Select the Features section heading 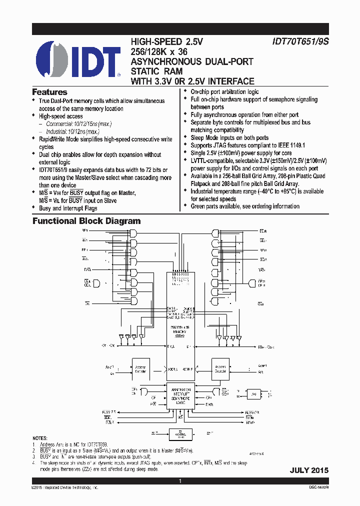[x=49, y=92]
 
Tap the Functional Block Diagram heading [x=86, y=221]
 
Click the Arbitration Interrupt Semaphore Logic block [x=180, y=395]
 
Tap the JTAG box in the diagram [x=254, y=394]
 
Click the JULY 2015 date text [x=309, y=470]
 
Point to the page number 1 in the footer [x=180, y=481]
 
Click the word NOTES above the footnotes [x=42, y=437]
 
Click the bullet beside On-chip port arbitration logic [x=185, y=91]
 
